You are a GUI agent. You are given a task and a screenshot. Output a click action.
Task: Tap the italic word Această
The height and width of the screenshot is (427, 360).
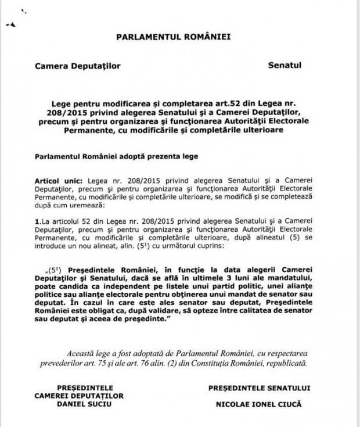point(72,352)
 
